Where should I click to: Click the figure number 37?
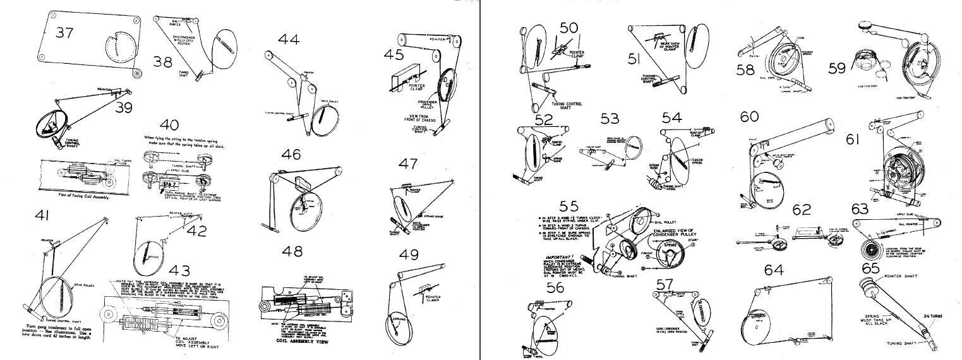click(x=64, y=32)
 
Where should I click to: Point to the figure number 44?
click(x=289, y=40)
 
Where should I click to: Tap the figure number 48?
click(x=292, y=251)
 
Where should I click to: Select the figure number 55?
click(x=568, y=206)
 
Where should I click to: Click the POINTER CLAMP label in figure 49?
click(x=434, y=298)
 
